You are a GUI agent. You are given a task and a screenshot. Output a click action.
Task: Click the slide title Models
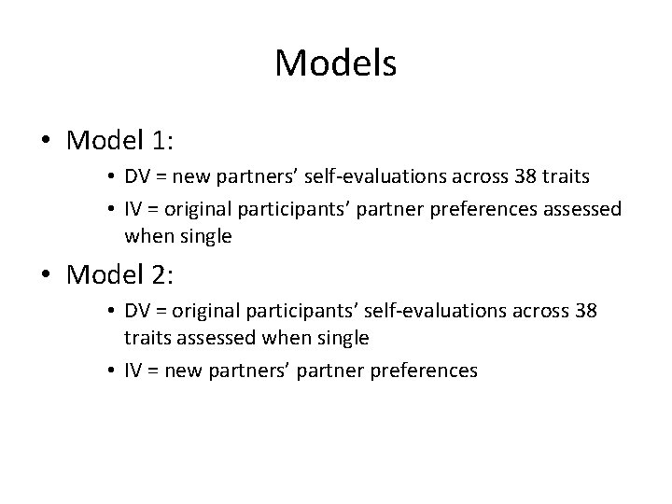336,63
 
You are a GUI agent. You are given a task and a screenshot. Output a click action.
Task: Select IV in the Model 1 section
135,209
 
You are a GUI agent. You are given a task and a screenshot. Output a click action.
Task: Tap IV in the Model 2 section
135,371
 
